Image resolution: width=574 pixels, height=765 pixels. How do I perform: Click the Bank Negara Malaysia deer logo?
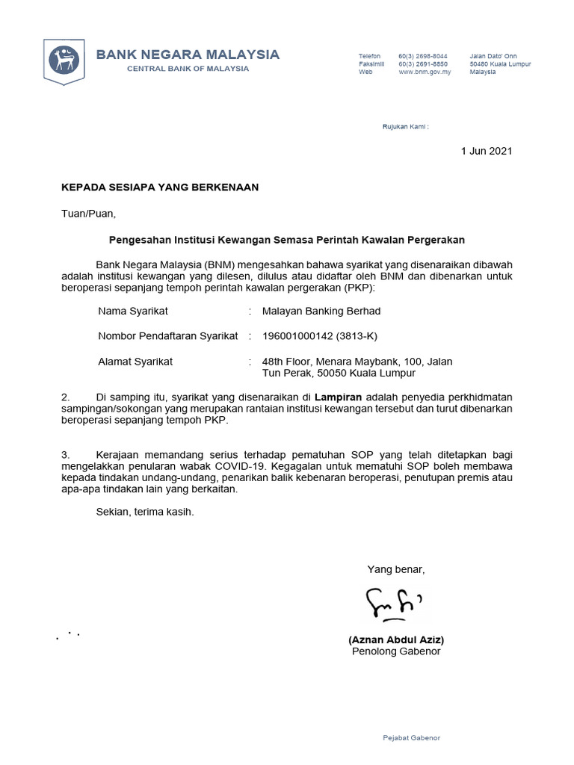click(64, 60)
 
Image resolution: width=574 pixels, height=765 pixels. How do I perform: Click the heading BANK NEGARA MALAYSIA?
click(188, 54)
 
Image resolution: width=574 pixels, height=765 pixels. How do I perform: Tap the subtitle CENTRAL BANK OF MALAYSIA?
click(188, 69)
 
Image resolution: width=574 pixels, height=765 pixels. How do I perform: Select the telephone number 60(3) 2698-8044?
click(423, 57)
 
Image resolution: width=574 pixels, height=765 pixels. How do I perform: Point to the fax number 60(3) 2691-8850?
click(423, 64)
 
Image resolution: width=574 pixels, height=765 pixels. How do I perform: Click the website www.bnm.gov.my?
click(425, 72)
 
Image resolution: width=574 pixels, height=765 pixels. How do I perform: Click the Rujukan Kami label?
click(406, 127)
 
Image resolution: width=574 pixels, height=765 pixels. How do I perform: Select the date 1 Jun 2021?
click(487, 151)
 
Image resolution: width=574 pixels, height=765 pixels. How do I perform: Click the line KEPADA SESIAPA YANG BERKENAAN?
click(160, 188)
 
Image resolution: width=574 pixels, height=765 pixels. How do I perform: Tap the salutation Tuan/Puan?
click(89, 214)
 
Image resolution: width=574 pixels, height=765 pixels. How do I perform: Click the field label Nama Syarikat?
click(133, 311)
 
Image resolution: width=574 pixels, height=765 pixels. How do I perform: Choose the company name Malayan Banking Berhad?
click(321, 311)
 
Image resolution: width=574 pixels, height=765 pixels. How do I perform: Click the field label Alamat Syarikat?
click(135, 362)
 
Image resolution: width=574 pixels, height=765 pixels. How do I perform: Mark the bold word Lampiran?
click(339, 396)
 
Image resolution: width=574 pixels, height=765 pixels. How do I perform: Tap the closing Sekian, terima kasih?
click(145, 512)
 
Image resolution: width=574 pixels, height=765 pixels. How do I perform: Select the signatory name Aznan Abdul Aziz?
click(396, 640)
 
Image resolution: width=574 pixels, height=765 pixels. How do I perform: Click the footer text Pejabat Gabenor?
click(411, 738)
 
